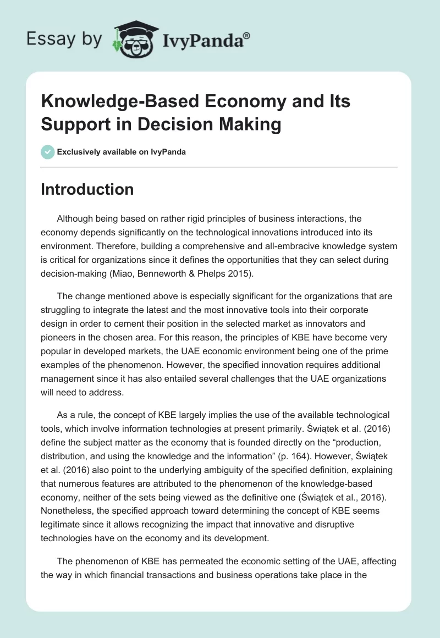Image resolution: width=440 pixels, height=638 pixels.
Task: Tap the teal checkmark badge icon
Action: [x=48, y=152]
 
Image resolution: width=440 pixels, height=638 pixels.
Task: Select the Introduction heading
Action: [x=87, y=189]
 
